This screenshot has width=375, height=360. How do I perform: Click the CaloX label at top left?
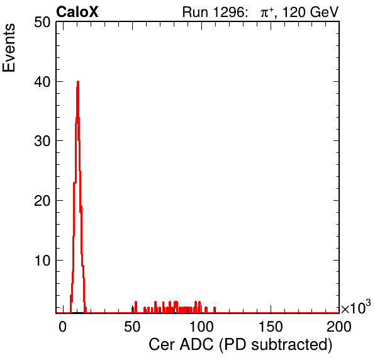coord(77,12)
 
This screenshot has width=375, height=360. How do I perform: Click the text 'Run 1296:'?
coord(215,12)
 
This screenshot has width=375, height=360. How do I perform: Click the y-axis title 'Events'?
coord(9,48)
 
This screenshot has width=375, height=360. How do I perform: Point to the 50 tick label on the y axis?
coord(43,23)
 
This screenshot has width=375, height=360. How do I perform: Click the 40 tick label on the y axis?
coord(43,82)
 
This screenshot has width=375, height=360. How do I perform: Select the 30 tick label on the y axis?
coord(43,141)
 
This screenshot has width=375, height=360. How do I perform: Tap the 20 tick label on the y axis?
coord(43,201)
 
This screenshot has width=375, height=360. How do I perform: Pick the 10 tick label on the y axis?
coord(43,261)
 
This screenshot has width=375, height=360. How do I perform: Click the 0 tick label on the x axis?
coord(62,327)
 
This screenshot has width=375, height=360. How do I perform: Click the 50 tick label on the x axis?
coord(132,327)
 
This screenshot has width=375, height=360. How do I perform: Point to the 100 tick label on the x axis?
coord(201,327)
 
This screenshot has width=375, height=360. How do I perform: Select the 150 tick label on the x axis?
coord(271,327)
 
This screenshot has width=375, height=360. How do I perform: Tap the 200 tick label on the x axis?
coord(339,327)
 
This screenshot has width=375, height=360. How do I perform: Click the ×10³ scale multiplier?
coord(356,307)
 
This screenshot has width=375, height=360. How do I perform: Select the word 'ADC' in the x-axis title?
coord(196,345)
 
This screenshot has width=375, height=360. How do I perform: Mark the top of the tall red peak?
coord(78,82)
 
